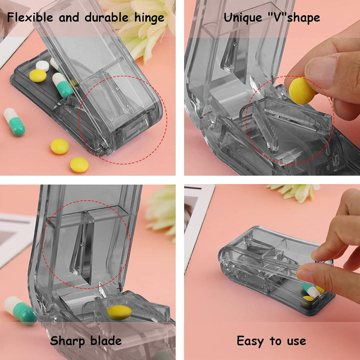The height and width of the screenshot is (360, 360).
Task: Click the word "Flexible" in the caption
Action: click(29, 18)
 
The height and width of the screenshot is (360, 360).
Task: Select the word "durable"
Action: click(103, 18)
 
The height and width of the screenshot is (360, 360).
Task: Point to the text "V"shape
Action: click(294, 18)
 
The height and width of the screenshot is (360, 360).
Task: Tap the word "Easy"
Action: click(251, 341)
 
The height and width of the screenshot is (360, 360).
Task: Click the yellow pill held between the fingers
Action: click(301, 91)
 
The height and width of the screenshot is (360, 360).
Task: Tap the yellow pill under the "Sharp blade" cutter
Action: click(119, 312)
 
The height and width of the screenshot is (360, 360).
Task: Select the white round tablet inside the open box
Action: click(42, 65)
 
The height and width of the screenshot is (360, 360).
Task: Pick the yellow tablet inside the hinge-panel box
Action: click(37, 75)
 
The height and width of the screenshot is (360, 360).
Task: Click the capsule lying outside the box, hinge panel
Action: click(14, 121)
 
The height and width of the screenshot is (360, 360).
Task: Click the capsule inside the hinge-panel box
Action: click(62, 84)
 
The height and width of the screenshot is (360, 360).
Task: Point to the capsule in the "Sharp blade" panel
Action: click(20, 310)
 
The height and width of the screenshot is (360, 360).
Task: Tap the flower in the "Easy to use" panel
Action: click(294, 191)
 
